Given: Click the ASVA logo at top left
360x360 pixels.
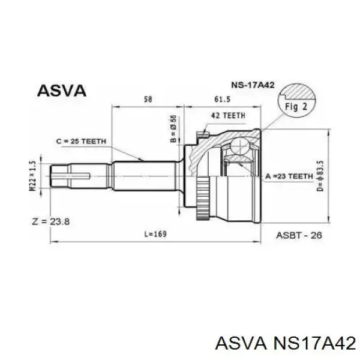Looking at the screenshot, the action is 62,91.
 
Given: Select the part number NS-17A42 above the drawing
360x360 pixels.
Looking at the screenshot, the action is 253,85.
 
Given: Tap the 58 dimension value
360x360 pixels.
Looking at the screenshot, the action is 148,99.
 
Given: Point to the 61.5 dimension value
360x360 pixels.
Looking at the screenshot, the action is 222,99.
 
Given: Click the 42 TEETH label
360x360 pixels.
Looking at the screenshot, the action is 228,116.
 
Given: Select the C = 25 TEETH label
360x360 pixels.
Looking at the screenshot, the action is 81,141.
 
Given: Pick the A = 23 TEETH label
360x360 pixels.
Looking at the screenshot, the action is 289,176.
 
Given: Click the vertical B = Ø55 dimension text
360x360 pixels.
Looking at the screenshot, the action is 174,128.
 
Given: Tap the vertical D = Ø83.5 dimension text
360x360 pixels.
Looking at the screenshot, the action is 320,176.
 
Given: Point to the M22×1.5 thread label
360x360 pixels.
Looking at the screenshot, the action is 33,176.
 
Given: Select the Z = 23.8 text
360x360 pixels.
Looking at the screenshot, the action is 50,222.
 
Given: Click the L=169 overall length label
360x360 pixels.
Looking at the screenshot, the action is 155,234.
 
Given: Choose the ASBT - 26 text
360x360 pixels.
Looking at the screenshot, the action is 299,235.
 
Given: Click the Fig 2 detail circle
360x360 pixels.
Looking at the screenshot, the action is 296,101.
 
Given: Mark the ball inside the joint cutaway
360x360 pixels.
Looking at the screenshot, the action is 239,146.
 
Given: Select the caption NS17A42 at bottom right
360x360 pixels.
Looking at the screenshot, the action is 313,343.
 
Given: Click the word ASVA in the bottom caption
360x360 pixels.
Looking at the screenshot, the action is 241,343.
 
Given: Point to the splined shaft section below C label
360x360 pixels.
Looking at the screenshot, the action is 145,176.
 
